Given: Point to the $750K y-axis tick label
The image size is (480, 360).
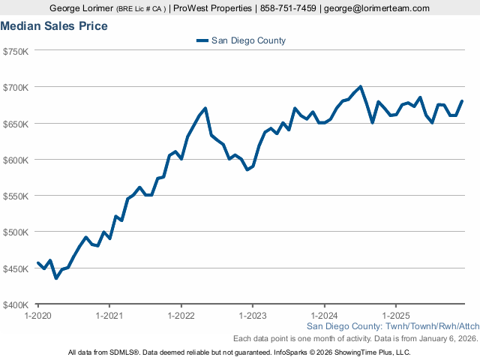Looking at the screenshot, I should click(16, 51).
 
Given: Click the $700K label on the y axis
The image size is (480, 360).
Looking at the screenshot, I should click(16, 87).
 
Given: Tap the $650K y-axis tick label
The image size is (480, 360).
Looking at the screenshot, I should click(16, 124).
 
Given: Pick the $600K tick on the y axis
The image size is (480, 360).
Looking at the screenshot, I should click(16, 160).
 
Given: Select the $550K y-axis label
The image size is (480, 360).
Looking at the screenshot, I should click(16, 196).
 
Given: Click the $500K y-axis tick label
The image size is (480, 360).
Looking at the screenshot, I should click(16, 232).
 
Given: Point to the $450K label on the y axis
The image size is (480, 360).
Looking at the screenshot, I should click(16, 268).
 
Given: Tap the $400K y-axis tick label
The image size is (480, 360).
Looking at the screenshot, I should click(16, 304).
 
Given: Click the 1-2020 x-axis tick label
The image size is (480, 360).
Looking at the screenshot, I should click(38, 316).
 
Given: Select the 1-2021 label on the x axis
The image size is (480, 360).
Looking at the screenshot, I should click(109, 316).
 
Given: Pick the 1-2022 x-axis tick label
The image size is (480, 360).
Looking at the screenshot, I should click(181, 316).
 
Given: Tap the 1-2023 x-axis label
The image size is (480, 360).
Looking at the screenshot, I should click(252, 316).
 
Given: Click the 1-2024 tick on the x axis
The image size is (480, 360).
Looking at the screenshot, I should click(324, 316).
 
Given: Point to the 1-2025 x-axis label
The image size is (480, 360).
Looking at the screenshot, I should click(395, 316).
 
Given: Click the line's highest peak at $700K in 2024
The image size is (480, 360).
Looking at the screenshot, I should click(361, 86).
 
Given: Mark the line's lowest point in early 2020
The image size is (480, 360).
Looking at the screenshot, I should click(55, 278).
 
